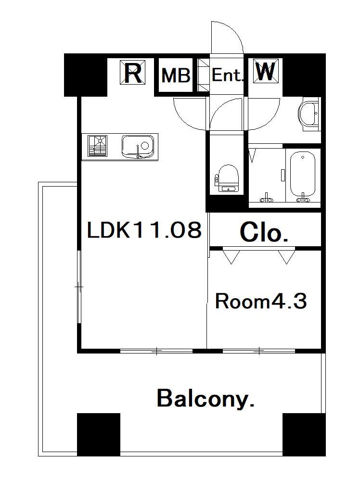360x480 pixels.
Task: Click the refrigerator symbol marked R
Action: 132,72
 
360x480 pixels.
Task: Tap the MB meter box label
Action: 176,76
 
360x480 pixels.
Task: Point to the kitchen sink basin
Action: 138,146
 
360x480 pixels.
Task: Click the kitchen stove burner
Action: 98,146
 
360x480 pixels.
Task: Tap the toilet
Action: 227,178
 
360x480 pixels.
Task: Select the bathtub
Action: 303,175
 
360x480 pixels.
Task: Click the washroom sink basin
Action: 309,114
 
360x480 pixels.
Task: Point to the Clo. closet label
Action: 264,233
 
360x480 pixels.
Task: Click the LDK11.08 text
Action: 144,230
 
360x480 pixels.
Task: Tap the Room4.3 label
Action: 261,301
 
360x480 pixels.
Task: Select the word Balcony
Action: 206,398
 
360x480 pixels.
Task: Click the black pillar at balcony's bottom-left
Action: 98,434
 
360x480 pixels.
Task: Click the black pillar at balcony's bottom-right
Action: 304,434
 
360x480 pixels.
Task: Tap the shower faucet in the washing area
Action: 266,198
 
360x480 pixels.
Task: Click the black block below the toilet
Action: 226,203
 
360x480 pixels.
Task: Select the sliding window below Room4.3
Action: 259,351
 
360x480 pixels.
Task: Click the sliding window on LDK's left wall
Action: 79,287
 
